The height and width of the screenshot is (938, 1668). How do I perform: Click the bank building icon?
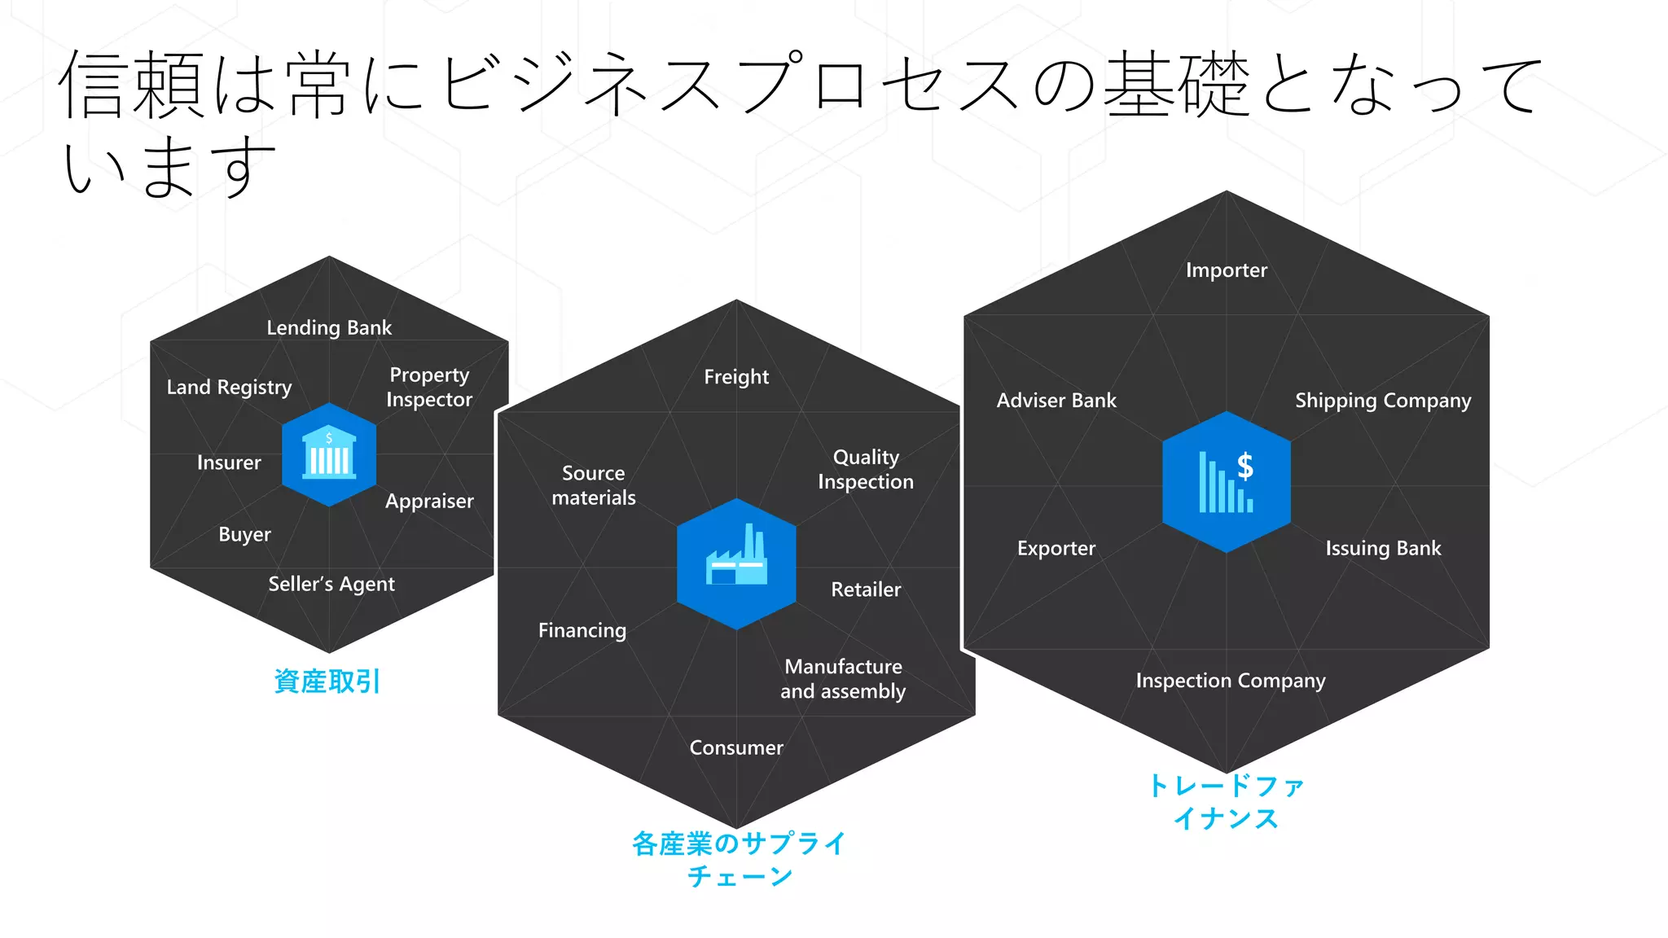coord(329,455)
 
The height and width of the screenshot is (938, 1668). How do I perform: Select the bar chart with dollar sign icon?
coord(1226,482)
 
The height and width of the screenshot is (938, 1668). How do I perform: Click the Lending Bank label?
coord(329,327)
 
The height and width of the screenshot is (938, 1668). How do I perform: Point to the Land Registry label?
coord(229,387)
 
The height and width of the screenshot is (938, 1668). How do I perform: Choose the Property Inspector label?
coord(429,387)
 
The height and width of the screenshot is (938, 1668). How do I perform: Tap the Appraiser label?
coord(429,501)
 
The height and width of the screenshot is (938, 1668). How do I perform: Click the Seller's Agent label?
coord(331,584)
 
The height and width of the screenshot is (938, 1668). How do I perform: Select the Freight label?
coord(736,376)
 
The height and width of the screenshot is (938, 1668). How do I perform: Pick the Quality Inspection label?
coord(866,469)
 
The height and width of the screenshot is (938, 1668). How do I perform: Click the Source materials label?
coord(594,485)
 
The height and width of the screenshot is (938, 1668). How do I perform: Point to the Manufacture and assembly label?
coord(843,678)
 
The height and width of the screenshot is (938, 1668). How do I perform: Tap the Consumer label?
coord(736,747)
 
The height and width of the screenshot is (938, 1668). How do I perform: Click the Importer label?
coord(1227,270)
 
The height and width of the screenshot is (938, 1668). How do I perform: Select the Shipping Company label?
coord(1383,400)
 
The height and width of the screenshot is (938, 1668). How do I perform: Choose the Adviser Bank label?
coord(1056,400)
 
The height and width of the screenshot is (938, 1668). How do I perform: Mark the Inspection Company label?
coord(1231,680)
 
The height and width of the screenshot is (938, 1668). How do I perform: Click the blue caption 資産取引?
coord(327,681)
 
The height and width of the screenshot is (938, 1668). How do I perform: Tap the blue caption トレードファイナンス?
coord(1227,802)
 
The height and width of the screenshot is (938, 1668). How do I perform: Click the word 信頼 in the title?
coord(130,85)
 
